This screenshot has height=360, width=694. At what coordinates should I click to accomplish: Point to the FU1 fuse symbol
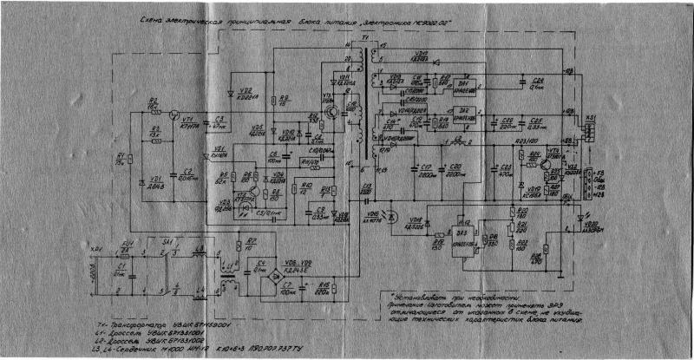pos(127,251)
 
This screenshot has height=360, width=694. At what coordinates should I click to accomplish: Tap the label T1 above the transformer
pos(363,41)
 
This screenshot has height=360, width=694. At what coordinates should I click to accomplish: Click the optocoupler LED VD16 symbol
pos(390,214)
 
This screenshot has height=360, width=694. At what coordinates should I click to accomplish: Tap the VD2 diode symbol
pos(229,91)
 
